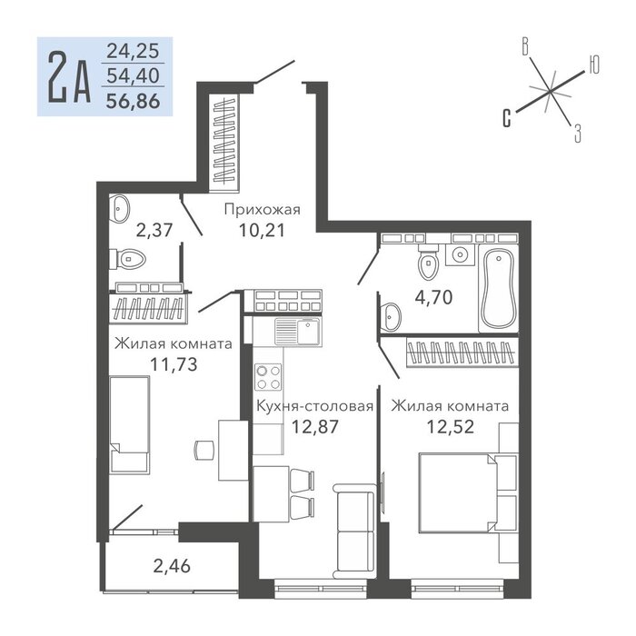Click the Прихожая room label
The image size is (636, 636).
tap(262, 210)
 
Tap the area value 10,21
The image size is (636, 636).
tap(262, 231)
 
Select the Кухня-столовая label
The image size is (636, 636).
tap(314, 406)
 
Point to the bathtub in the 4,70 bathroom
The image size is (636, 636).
tap(499, 288)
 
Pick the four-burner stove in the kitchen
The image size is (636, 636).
tap(268, 377)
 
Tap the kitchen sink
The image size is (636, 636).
tap(298, 332)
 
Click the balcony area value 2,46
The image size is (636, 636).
tap(172, 565)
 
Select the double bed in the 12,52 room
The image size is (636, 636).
tap(458, 492)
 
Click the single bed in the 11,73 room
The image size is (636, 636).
tap(129, 424)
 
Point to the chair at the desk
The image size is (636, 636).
tap(204, 450)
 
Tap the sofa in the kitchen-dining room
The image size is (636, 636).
tap(354, 531)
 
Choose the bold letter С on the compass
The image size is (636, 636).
tap(507, 118)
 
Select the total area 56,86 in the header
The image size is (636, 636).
tap(133, 101)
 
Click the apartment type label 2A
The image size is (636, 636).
tap(69, 77)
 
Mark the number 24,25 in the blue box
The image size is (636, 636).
tap(133, 51)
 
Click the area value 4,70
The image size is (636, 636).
tap(433, 297)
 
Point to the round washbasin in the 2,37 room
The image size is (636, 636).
tap(120, 209)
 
